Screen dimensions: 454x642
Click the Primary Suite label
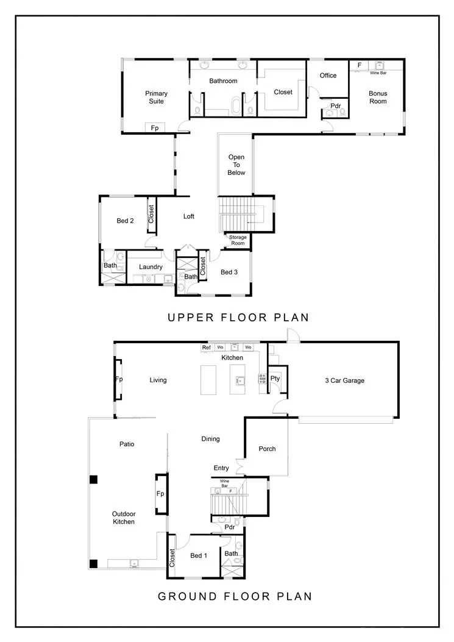click(156, 97)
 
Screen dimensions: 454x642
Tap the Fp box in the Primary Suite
click(155, 128)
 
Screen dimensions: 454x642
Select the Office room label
click(328, 76)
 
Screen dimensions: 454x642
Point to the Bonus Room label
click(378, 97)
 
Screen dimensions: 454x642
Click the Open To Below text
click(236, 165)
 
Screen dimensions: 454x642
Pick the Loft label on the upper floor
click(189, 216)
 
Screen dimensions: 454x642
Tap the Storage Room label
click(238, 240)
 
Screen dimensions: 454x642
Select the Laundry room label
click(151, 267)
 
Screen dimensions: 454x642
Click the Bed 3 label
click(229, 272)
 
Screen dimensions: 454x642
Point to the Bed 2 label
click(125, 221)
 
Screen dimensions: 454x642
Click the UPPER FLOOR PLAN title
click(238, 317)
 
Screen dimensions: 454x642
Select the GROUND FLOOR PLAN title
click(235, 596)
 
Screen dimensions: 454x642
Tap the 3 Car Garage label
click(345, 380)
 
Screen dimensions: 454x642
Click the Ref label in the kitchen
click(207, 348)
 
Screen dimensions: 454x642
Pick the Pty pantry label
click(275, 379)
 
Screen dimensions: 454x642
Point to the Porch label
click(267, 449)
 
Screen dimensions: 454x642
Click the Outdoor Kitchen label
click(124, 518)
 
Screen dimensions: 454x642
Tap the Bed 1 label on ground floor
click(199, 555)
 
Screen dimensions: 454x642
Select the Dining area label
click(210, 439)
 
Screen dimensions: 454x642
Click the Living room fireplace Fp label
click(119, 379)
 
